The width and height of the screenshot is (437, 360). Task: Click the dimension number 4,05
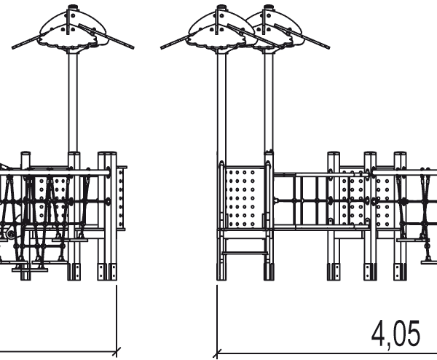(x=396, y=334)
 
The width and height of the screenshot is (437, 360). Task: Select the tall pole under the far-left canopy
(x=73, y=102)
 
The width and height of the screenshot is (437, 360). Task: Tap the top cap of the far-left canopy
(x=72, y=9)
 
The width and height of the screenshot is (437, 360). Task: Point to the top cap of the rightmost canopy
(x=267, y=9)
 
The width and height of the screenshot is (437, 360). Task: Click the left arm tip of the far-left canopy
(x=14, y=47)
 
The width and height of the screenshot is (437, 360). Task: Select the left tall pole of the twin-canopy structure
(x=221, y=102)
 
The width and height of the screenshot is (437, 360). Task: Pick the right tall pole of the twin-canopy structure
(x=268, y=102)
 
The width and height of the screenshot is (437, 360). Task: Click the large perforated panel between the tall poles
(x=243, y=197)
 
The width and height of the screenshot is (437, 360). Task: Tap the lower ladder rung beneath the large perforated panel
(x=245, y=253)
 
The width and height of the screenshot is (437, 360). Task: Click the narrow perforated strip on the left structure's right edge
(x=121, y=197)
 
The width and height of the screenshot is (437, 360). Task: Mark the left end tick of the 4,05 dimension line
(x=216, y=355)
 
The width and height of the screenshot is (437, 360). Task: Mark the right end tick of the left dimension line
(x=117, y=355)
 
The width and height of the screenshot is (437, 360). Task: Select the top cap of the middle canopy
(x=221, y=9)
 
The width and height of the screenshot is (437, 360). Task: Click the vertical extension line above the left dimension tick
(x=117, y=313)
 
